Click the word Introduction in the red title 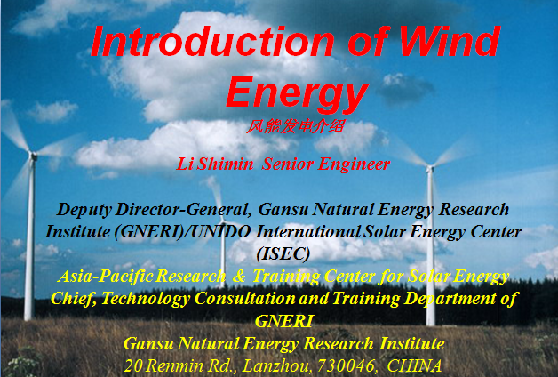[x=212, y=41]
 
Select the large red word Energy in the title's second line [x=297, y=94]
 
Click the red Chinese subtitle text [x=295, y=126]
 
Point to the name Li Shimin [x=215, y=164]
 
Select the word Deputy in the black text [x=84, y=210]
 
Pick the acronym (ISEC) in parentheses [x=283, y=253]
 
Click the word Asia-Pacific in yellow [x=106, y=277]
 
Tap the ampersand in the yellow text [x=238, y=277]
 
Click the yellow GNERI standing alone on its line [x=283, y=321]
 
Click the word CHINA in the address [x=414, y=365]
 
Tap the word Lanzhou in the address [x=276, y=365]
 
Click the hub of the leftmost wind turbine [x=33, y=156]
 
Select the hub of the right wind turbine [x=430, y=168]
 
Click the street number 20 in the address [x=133, y=365]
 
